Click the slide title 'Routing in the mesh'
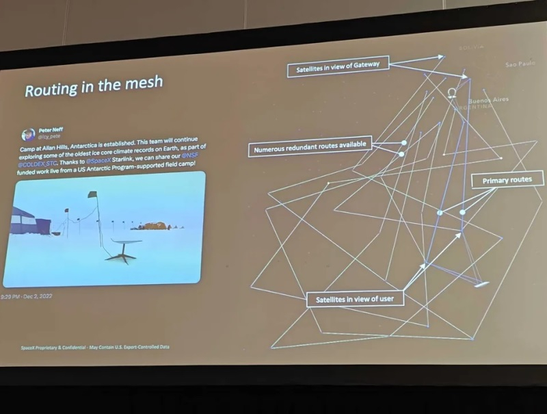(94, 86)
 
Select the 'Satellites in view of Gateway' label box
(338, 67)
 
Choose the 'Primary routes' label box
(507, 180)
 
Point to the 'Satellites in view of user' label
(355, 299)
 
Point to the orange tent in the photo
(153, 225)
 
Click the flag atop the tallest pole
(92, 195)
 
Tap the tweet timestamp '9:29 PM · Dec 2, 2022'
(27, 296)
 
